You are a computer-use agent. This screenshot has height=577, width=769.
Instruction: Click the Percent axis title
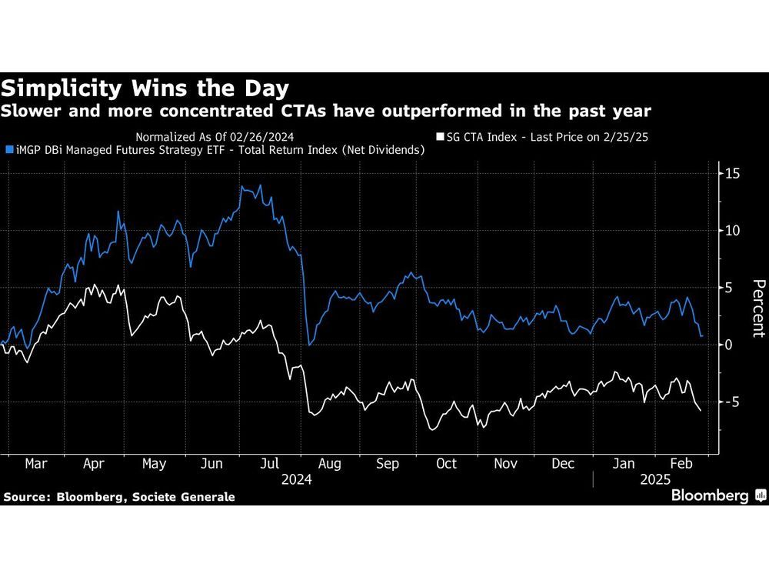click(x=758, y=307)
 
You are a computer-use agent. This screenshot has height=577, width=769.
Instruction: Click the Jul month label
click(x=270, y=464)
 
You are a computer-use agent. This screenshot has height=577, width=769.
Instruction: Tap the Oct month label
click(x=446, y=464)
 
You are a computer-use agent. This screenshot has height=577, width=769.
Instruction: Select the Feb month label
click(x=680, y=464)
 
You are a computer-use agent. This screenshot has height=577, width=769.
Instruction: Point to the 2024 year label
click(x=296, y=479)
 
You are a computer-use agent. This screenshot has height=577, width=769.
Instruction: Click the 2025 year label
click(x=656, y=479)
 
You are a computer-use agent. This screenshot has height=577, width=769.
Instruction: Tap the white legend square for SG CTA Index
click(x=439, y=137)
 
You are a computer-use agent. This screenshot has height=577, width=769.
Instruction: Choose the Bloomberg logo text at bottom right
click(x=711, y=496)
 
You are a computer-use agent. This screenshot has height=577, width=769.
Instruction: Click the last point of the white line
click(x=701, y=411)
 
